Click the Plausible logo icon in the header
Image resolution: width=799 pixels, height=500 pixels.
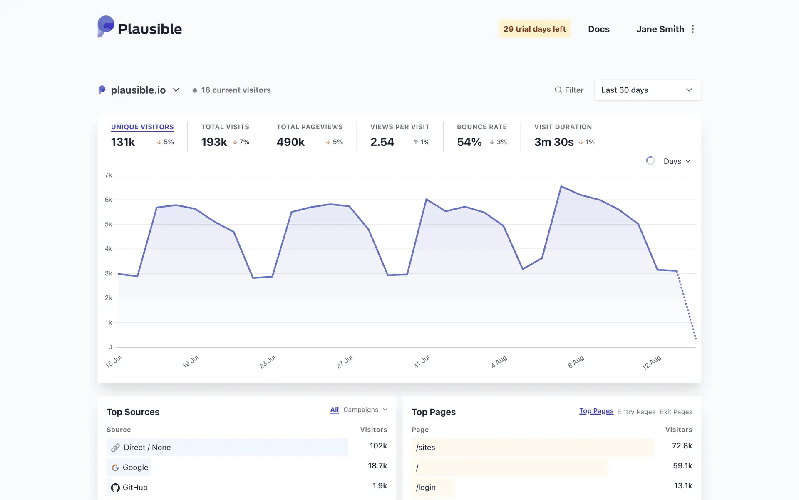pos(106,27)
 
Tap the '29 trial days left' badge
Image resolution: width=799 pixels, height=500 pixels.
pos(534,29)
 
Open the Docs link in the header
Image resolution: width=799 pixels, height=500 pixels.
pos(598,29)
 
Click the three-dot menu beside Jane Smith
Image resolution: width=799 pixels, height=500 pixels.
pos(693,29)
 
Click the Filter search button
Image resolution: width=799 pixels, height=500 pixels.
pos(569,90)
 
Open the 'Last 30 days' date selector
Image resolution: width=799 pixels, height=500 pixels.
pos(648,90)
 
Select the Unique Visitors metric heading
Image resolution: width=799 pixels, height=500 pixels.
pos(142,127)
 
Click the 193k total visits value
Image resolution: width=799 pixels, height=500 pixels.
pos(214,142)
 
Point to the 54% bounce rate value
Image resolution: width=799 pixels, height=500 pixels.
pos(469,142)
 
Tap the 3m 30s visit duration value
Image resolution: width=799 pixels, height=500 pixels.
pos(553,142)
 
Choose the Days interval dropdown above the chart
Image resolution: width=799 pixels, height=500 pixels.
pos(677,161)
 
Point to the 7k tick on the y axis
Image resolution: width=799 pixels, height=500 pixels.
pos(108,175)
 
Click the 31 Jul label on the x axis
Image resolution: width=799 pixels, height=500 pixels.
pos(421,361)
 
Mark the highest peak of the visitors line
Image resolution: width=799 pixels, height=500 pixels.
pos(561,186)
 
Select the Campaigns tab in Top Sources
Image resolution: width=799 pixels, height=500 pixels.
pos(365,410)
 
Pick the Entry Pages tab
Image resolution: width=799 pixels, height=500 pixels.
pos(636,412)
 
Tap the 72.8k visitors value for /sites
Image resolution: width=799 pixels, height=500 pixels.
pos(682,446)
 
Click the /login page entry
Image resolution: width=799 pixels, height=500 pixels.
pos(426,487)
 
